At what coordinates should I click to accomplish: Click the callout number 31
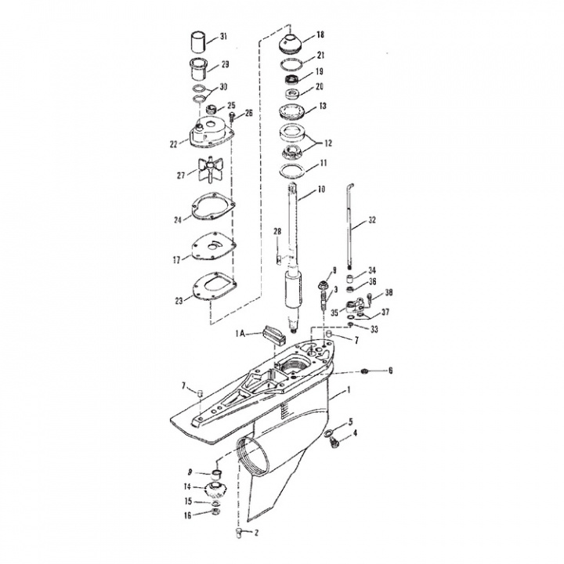point(223,37)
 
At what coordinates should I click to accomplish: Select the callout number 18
point(320,35)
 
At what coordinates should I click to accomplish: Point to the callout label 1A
point(243,333)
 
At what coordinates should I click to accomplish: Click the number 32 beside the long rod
point(372,220)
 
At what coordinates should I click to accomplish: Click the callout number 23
point(180,299)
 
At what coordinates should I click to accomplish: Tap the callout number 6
point(391,370)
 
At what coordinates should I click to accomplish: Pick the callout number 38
point(389,293)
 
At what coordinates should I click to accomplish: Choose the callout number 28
point(277,231)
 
